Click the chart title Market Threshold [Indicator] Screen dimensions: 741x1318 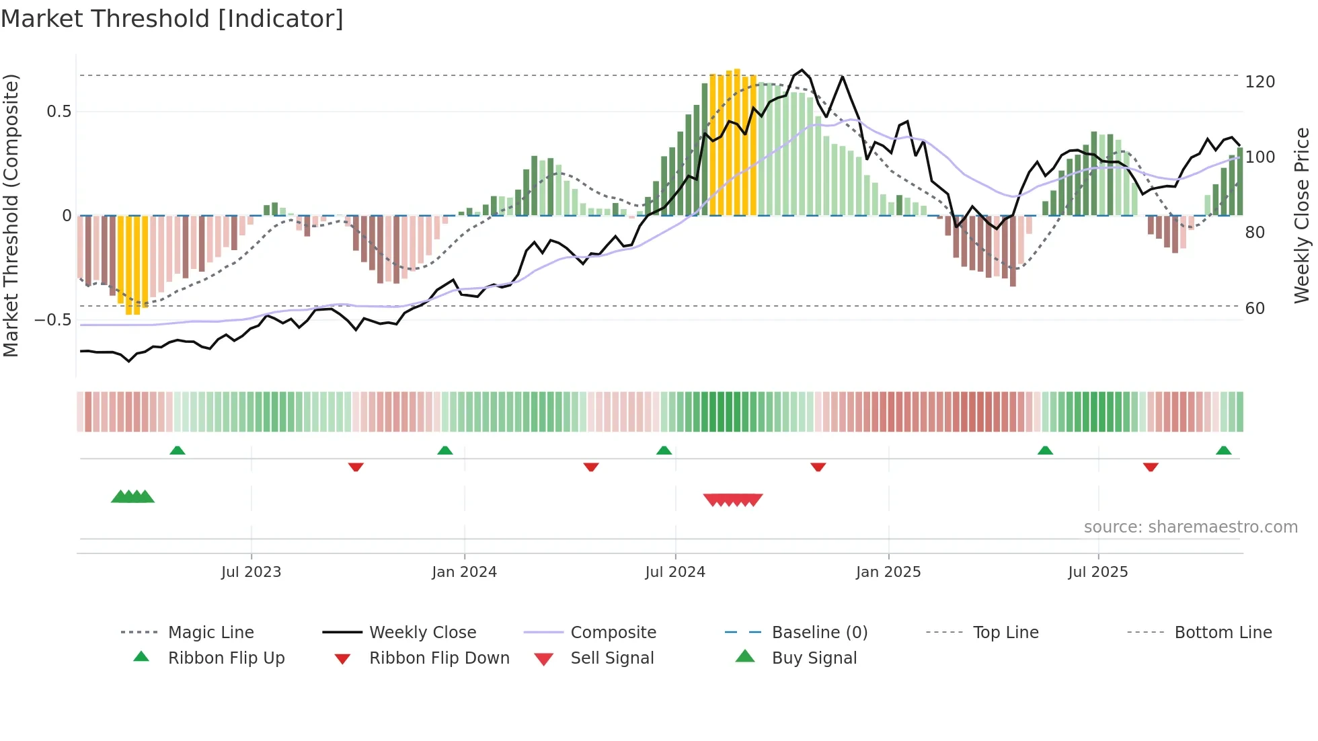pyautogui.click(x=172, y=19)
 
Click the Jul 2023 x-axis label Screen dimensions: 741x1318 pyautogui.click(x=251, y=572)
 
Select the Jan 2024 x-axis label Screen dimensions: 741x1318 pyautogui.click(x=464, y=572)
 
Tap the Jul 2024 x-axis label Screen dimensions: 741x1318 pyautogui.click(x=675, y=572)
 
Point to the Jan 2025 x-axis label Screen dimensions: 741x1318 pyautogui.click(x=888, y=572)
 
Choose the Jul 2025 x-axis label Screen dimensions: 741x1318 pyautogui.click(x=1098, y=572)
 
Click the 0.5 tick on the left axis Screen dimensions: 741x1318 pyautogui.click(x=59, y=112)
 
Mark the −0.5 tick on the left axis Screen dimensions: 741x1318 pyautogui.click(x=53, y=320)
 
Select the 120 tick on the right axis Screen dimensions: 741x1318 pyautogui.click(x=1259, y=82)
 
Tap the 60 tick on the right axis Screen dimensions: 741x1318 pyautogui.click(x=1255, y=309)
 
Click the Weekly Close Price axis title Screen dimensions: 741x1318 pyautogui.click(x=1302, y=215)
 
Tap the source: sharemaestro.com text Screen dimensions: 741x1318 pyautogui.click(x=1190, y=527)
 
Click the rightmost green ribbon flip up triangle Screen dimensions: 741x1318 pyautogui.click(x=1223, y=451)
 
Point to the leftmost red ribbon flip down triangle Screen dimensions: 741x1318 pyautogui.click(x=356, y=467)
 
